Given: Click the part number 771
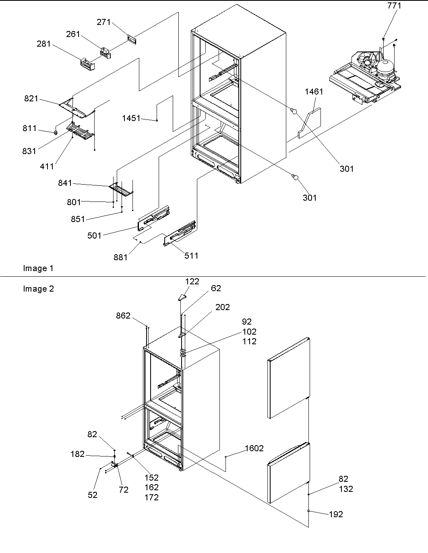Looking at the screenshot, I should (x=394, y=6).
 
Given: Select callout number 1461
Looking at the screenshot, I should (x=314, y=92).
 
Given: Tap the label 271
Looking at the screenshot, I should (x=103, y=22).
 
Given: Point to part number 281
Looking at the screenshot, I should (x=43, y=44).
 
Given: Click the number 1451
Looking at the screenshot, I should (x=131, y=118).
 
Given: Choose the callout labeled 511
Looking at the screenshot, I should (x=191, y=255).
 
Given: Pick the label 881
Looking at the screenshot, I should (x=120, y=257).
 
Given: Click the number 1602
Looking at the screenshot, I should (x=254, y=448).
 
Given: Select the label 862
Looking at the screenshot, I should (x=123, y=316).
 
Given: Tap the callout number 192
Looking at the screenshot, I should (x=336, y=514).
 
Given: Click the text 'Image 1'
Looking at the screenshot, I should (x=38, y=268).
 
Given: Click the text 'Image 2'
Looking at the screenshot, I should (x=38, y=289).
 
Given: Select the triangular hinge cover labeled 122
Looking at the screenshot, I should (x=182, y=297).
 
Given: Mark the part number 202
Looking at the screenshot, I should (x=223, y=307).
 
